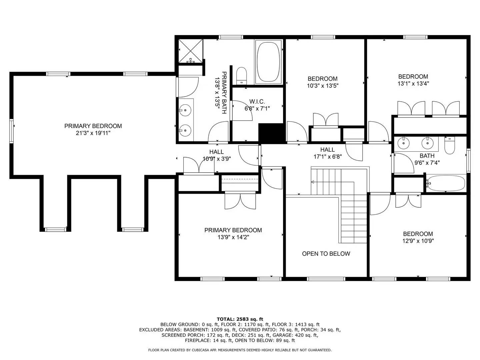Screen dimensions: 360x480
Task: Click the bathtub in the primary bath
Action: click(268, 62)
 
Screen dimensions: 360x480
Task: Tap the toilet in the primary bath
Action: click(241, 75)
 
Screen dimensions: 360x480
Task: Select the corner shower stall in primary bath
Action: click(190, 51)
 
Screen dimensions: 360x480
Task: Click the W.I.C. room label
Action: click(257, 101)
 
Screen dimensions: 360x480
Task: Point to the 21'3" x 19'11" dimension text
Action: click(93, 133)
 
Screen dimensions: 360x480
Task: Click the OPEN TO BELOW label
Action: click(326, 254)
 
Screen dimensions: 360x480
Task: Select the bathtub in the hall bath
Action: click(446, 183)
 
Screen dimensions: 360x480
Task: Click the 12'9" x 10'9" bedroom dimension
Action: click(418, 241)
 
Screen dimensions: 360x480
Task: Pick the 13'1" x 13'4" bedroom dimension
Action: click(413, 84)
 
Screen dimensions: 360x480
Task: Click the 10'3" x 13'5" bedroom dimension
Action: click(322, 86)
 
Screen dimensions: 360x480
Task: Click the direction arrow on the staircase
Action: click(313, 182)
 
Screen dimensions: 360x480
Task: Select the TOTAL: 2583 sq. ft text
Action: click(240, 319)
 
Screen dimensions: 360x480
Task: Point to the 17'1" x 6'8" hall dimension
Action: click(327, 157)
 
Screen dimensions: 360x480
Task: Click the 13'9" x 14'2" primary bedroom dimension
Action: click(233, 237)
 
